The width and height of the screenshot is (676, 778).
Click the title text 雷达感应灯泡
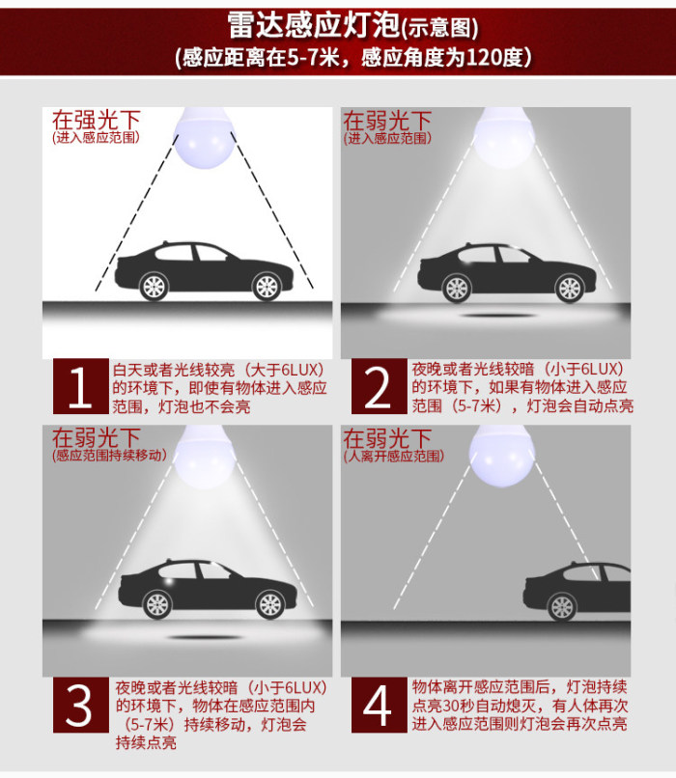314,25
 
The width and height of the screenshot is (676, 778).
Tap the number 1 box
81,386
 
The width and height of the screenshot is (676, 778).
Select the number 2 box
379,386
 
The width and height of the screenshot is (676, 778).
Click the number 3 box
81,705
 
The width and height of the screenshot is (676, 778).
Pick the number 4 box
379,705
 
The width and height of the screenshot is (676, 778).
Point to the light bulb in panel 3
204,457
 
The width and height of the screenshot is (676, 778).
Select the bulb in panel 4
502,456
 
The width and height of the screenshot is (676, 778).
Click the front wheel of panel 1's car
268,287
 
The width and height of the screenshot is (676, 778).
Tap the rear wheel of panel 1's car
154,287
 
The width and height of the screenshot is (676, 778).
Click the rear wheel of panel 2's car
457,289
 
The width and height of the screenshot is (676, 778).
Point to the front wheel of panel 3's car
270,605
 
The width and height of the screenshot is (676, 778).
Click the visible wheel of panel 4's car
562,606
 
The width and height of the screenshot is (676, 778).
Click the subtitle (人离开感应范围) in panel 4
393,456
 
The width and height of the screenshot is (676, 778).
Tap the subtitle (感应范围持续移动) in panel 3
109,455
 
